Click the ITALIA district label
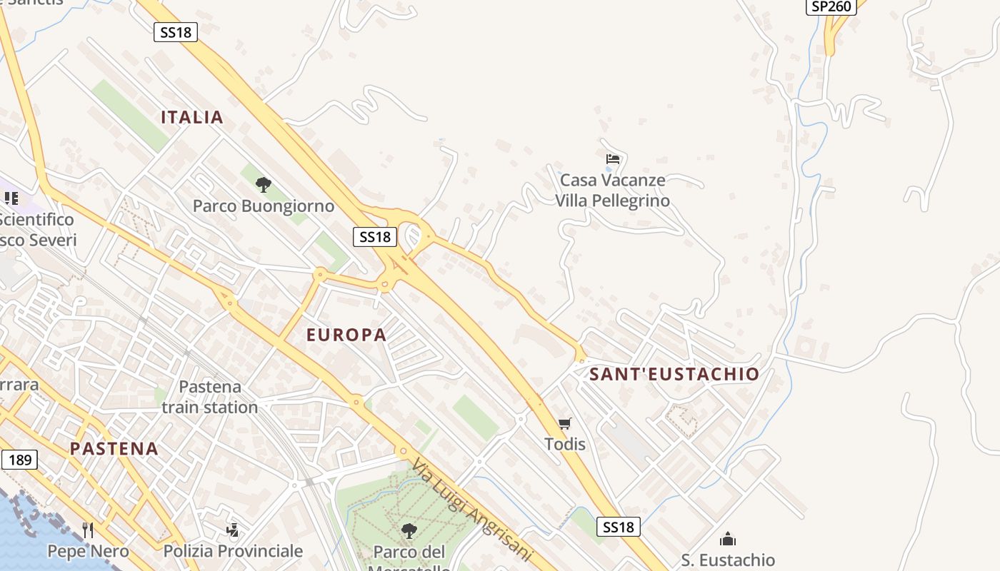coord(192,117)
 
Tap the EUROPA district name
coord(346,334)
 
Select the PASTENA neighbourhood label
coord(114,448)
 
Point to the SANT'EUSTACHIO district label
coord(674,374)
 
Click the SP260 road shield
coord(832,6)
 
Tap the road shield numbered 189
coord(19,460)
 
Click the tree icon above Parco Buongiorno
coord(264,185)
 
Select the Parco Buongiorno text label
coord(264,206)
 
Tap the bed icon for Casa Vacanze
coord(612,158)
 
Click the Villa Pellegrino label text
coord(613,201)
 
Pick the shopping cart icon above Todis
coord(565,423)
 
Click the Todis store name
coord(565,444)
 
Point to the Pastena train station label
coord(210,397)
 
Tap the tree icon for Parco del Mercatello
coord(409,530)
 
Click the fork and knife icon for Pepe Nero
coord(88,530)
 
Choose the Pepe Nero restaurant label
coord(88,551)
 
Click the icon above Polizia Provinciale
coord(233,530)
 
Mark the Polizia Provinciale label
coord(233,551)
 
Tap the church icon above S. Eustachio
coord(728,539)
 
